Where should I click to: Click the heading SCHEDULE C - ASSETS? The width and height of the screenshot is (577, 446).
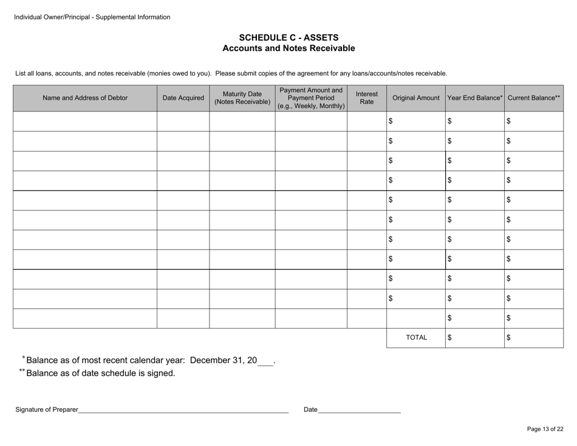[x=288, y=37]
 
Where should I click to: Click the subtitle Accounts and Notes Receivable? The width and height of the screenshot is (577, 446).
[x=288, y=48]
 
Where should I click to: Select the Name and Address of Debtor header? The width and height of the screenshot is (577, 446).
[x=85, y=98]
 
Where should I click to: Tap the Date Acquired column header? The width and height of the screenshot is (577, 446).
[x=183, y=98]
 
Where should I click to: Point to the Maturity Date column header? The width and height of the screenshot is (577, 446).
[x=242, y=98]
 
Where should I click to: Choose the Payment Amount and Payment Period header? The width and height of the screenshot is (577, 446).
[x=311, y=98]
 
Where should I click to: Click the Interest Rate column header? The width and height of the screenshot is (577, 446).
[x=367, y=98]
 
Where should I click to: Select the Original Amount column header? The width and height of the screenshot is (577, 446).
[x=416, y=98]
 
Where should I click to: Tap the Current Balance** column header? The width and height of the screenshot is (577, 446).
[x=534, y=98]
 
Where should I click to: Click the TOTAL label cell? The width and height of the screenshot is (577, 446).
[x=416, y=338]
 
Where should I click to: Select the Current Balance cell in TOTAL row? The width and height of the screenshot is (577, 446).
[x=534, y=338]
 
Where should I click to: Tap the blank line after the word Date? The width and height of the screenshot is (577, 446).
[x=360, y=411]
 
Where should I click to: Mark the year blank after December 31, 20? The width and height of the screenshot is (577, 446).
[x=265, y=361]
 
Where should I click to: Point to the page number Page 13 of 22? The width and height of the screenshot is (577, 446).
[x=545, y=429]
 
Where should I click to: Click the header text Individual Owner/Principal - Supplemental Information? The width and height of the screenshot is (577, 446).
[x=92, y=17]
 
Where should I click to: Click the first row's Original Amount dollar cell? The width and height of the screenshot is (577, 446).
[x=416, y=121]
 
